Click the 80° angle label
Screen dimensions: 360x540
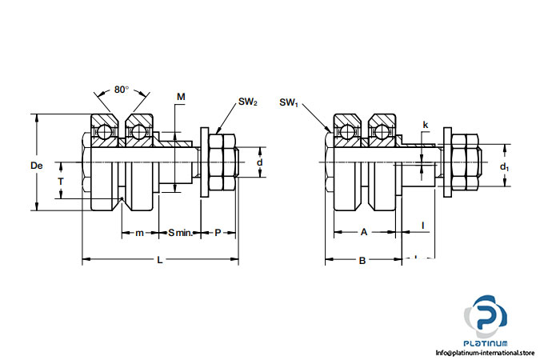click(121, 90)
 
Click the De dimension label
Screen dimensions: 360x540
click(36, 166)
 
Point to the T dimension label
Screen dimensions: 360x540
click(60, 182)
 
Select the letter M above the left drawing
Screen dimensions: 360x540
click(181, 97)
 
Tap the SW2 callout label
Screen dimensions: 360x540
click(247, 102)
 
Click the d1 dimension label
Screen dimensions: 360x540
click(504, 166)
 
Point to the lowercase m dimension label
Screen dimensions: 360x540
click(138, 233)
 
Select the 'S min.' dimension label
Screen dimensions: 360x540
click(179, 233)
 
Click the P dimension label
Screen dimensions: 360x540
click(218, 233)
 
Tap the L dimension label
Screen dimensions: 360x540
click(160, 260)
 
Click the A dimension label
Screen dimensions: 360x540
click(363, 232)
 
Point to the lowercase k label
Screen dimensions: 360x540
click(425, 126)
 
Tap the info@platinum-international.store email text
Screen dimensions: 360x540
click(484, 353)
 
